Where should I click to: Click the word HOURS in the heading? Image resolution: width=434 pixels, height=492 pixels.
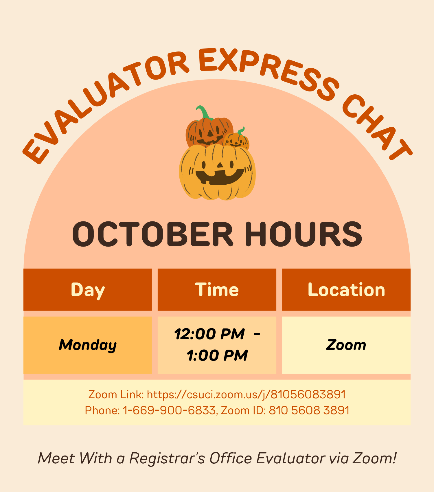click(x=304, y=234)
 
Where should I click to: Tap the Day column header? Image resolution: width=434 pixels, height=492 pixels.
click(x=88, y=290)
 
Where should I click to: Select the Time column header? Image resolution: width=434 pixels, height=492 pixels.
click(x=217, y=290)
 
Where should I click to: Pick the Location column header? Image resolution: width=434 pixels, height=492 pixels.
click(x=346, y=290)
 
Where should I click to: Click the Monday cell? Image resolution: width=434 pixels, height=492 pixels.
click(x=88, y=345)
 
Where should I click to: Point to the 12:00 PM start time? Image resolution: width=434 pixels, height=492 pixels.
click(x=209, y=334)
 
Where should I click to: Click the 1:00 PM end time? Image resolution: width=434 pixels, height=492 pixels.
click(x=217, y=355)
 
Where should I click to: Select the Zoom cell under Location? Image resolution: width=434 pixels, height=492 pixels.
click(x=346, y=345)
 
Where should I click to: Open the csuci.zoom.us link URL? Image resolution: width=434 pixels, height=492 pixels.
click(x=246, y=394)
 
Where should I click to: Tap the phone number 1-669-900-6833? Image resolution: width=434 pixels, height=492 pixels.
click(x=169, y=410)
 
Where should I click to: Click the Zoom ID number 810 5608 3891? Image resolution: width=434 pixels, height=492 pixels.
click(x=309, y=410)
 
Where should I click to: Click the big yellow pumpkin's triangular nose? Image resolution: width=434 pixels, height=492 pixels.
click(x=220, y=165)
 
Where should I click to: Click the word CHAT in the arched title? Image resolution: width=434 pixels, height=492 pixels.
click(x=376, y=127)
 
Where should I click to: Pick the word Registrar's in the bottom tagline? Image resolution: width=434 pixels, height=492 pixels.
click(x=167, y=458)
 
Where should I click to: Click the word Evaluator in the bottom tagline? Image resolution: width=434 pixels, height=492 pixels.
click(x=290, y=458)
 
